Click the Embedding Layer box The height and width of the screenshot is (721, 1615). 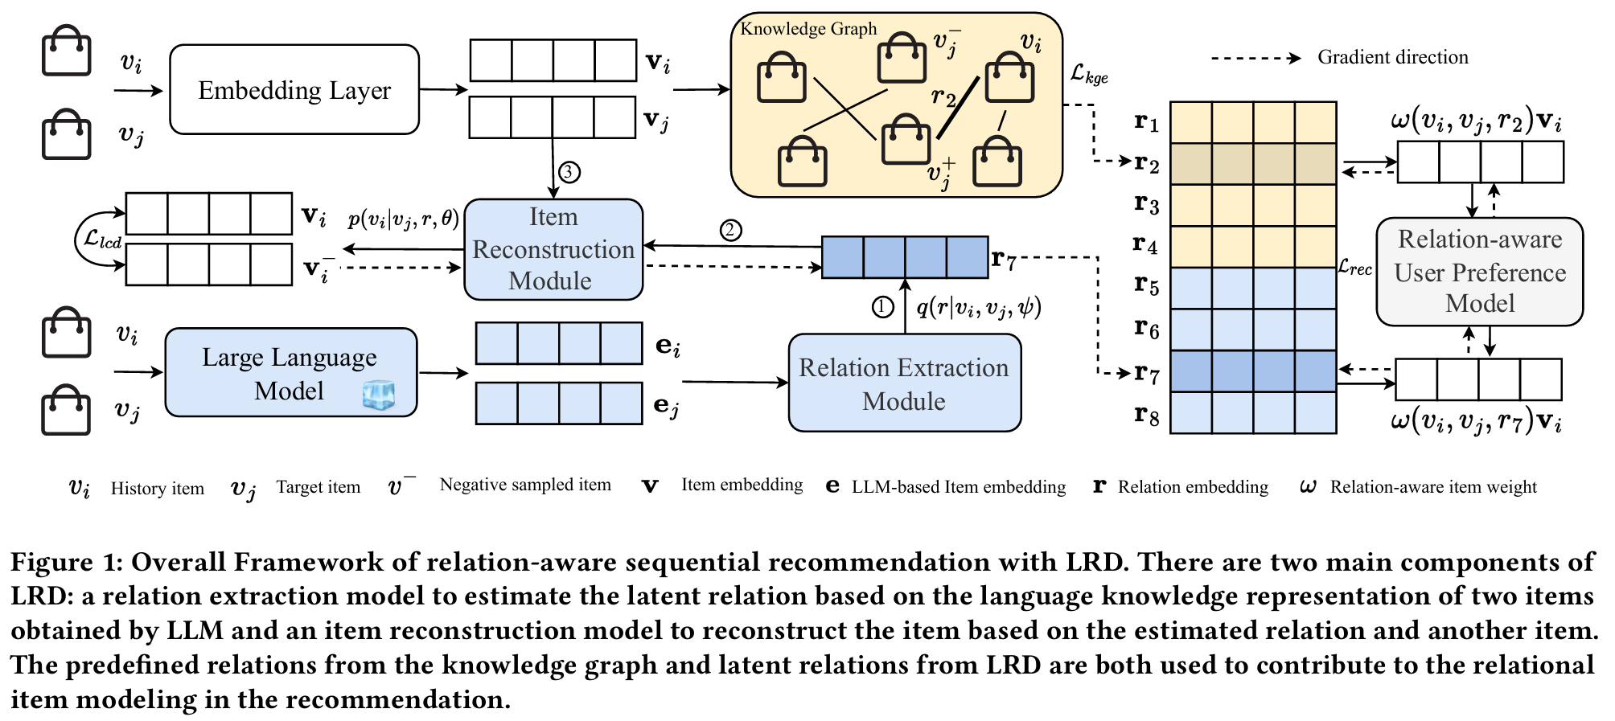[294, 89]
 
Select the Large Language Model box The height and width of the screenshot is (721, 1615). [290, 372]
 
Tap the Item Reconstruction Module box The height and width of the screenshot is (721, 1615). [553, 249]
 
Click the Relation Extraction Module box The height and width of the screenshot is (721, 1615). [904, 383]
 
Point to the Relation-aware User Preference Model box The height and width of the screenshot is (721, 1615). [1479, 272]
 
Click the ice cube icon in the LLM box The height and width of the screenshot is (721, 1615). [379, 395]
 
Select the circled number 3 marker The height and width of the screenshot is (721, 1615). [569, 172]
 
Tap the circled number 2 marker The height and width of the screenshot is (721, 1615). [730, 231]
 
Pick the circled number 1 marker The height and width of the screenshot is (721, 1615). [883, 307]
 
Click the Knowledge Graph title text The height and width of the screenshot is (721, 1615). [808, 29]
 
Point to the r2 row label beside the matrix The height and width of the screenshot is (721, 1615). [1146, 164]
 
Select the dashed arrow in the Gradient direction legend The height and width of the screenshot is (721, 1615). [1255, 58]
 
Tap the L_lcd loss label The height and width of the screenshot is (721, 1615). [103, 239]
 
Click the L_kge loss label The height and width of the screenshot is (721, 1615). [1089, 74]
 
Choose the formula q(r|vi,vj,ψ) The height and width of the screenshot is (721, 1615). [979, 307]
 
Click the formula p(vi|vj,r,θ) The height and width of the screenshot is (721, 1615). [403, 219]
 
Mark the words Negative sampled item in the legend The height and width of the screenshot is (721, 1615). [525, 485]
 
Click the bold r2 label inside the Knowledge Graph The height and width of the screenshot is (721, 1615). [944, 98]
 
